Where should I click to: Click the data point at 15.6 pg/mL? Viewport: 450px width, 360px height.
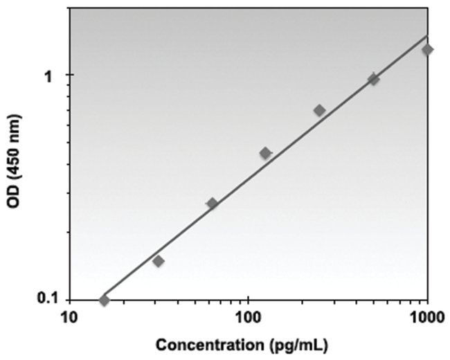pyautogui.click(x=104, y=300)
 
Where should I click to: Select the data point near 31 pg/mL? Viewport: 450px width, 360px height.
pyautogui.click(x=158, y=261)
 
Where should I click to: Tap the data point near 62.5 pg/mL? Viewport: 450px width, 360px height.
pyautogui.click(x=212, y=203)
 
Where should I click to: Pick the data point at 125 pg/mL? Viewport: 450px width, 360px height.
pyautogui.click(x=265, y=153)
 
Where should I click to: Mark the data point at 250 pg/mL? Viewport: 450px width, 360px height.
pyautogui.click(x=319, y=110)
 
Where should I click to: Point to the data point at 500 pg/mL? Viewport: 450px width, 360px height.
pyautogui.click(x=373, y=79)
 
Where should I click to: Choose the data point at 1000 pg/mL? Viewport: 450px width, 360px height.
pyautogui.click(x=427, y=49)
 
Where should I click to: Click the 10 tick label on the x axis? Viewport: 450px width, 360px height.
pyautogui.click(x=69, y=319)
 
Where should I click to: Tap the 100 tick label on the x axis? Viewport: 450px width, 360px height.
pyautogui.click(x=248, y=319)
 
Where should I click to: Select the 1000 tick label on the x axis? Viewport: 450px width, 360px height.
pyautogui.click(x=426, y=319)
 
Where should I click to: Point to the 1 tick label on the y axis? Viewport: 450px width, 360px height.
pyautogui.click(x=48, y=75)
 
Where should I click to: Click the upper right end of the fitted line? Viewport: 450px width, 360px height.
pyautogui.click(x=427, y=36)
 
